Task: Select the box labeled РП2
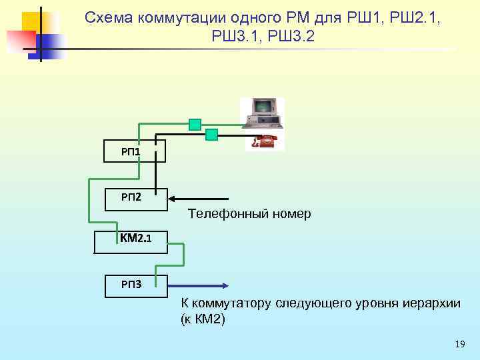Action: coord(131,198)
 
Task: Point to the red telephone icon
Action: coord(264,141)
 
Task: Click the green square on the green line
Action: coord(195,124)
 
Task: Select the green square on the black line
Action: coord(211,135)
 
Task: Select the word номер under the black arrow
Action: coord(289,214)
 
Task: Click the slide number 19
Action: coord(459,345)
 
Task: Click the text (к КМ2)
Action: coord(203,319)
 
